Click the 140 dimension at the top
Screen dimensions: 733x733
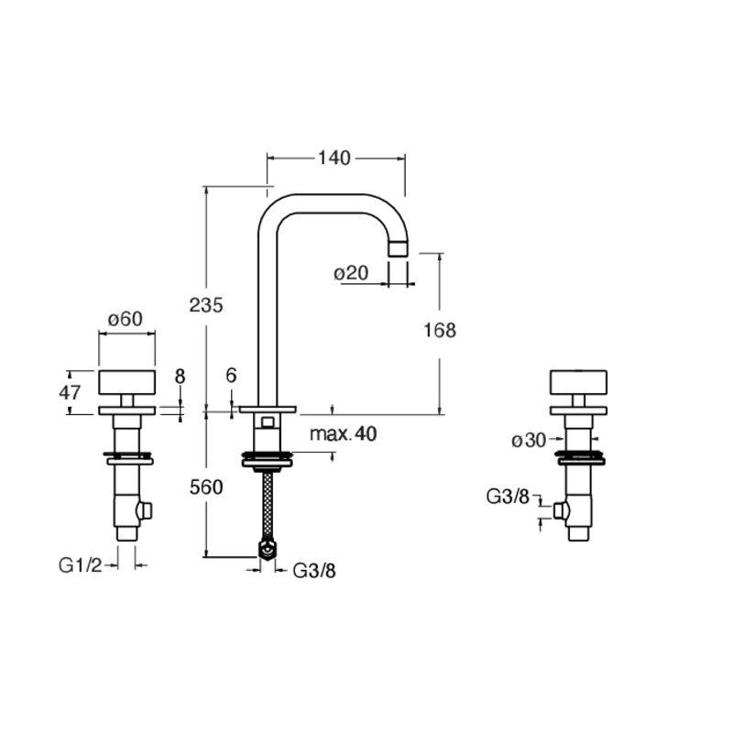pos(334,158)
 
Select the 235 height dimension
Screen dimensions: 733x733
pos(206,305)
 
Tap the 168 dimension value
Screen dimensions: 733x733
pos(440,330)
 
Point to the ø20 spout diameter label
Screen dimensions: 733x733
pos(351,273)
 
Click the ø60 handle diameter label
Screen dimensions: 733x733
pos(126,319)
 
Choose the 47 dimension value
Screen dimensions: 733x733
pos(70,393)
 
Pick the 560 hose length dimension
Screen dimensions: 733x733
pos(206,487)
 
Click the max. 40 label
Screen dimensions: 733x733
pos(343,433)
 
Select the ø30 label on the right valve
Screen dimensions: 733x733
pos(529,440)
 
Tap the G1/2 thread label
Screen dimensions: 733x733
pos(80,565)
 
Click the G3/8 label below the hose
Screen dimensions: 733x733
pos(314,570)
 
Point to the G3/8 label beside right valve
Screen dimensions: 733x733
pos(509,497)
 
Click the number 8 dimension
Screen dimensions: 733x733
pos(180,377)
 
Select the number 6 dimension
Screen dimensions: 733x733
pos(232,375)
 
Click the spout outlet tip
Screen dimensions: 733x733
pos(399,248)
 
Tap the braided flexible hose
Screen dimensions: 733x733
pos(268,506)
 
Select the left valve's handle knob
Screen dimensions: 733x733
pos(126,382)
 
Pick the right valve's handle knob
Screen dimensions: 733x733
pos(579,382)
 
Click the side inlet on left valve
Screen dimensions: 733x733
pos(146,511)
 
